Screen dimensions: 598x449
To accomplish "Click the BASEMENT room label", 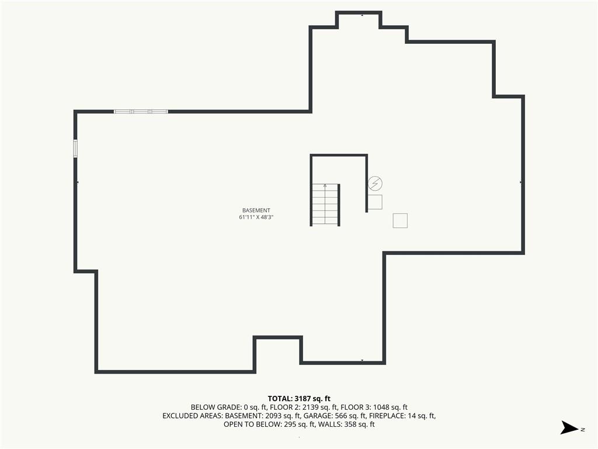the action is pos(256,210).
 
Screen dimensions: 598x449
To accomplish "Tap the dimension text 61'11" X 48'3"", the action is pos(256,217).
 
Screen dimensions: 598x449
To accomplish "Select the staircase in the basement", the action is pos(325,205).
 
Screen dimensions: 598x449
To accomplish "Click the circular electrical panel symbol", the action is pos(376,184).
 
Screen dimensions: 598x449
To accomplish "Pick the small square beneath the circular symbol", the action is pos(376,202).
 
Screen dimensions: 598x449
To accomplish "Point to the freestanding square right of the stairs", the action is pos(400,220).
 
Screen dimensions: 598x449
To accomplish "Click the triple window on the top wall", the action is pos(141,112).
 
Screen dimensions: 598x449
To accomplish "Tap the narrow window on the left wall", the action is pos(75,148).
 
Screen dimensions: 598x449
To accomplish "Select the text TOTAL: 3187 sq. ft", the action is pos(299,399).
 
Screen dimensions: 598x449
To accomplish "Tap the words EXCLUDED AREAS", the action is pos(193,416).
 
